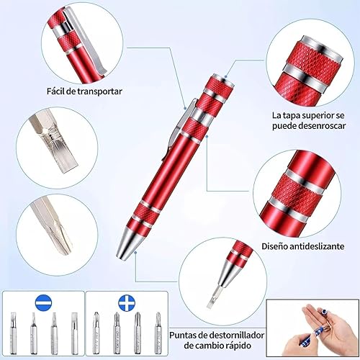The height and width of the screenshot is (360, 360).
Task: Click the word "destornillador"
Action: tap(237, 335)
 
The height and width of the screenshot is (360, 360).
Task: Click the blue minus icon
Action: tap(43, 303)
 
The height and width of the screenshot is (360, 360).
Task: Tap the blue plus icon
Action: tap(127, 302)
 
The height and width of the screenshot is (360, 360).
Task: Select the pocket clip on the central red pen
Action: tap(178, 130)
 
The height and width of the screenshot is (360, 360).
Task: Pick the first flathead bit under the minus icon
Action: tap(14, 333)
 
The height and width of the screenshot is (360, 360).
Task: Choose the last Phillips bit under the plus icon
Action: tap(158, 333)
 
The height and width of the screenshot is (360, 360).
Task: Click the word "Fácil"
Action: tap(55, 91)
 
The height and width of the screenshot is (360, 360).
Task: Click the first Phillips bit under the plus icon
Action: tap(96, 333)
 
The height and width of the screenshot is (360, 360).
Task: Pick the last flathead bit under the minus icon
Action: tap(75, 333)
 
